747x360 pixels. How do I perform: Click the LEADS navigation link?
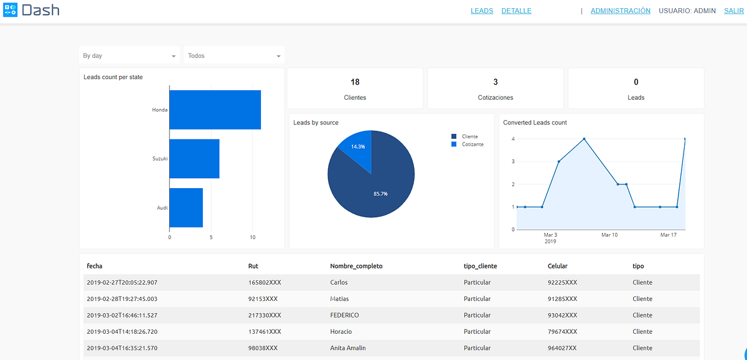pos(482,11)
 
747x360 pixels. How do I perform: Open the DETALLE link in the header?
pos(516,11)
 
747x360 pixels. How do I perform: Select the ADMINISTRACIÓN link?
pos(620,11)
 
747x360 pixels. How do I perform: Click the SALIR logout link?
pos(734,11)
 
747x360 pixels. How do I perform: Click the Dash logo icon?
pos(11,10)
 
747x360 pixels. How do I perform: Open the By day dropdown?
pos(129,55)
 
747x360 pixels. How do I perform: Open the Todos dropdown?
pos(234,55)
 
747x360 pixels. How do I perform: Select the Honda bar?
pos(215,110)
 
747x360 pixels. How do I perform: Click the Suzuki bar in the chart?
pos(194,158)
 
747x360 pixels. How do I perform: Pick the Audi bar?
pos(186,207)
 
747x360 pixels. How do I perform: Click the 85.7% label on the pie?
pos(380,194)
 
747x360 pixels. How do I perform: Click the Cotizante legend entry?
pos(472,144)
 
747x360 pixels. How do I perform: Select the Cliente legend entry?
pos(469,136)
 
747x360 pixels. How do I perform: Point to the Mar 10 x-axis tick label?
pos(609,235)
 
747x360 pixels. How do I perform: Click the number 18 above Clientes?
pos(355,82)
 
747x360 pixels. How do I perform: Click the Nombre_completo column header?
pos(356,266)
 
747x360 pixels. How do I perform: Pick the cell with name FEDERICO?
pos(344,315)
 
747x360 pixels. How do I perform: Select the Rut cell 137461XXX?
pos(265,331)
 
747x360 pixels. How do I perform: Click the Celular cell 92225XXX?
pos(562,282)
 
